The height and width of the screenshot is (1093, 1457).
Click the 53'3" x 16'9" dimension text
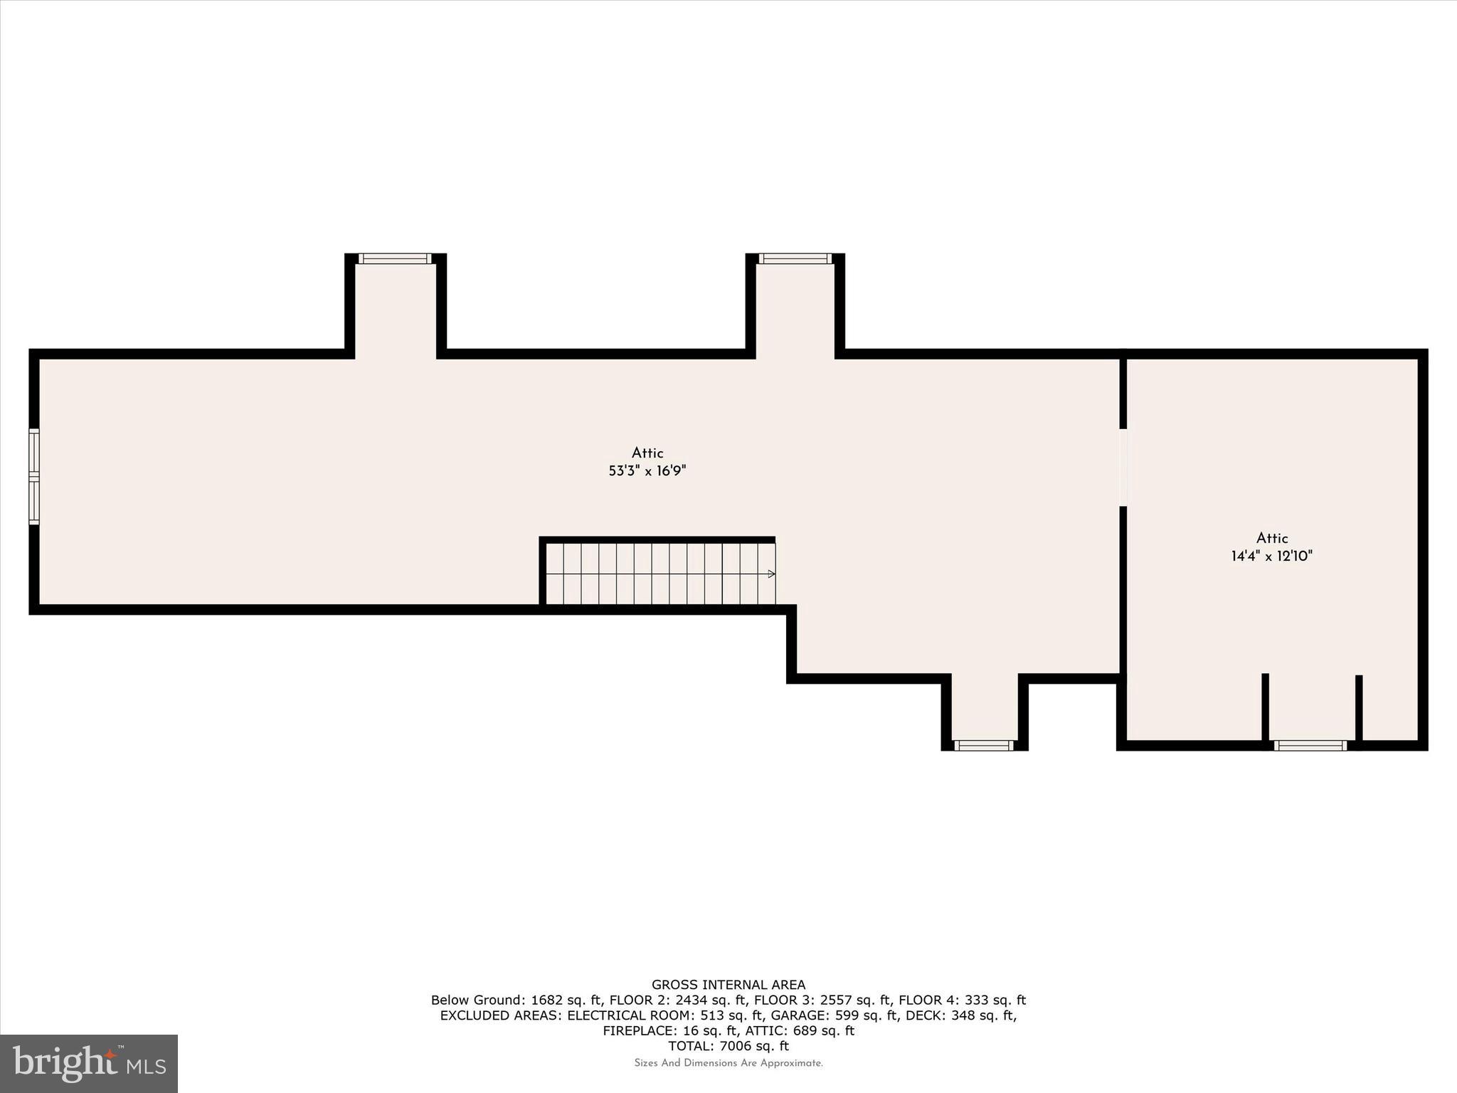[x=647, y=471]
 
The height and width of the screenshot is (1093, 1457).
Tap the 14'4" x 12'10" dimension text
[x=1271, y=556]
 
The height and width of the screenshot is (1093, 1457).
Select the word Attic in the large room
[x=647, y=453]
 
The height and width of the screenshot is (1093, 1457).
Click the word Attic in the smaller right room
[x=1272, y=539]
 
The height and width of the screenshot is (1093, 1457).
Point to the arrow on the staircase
[x=771, y=574]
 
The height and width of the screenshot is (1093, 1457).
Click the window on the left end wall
[x=33, y=476]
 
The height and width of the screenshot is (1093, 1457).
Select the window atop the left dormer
[x=395, y=258]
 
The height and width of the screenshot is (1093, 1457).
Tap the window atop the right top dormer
[x=795, y=258]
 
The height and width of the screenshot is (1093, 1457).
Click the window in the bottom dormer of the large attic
[x=983, y=745]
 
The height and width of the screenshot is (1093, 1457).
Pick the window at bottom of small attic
[x=1310, y=745]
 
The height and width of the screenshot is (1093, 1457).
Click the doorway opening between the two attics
[x=1123, y=468]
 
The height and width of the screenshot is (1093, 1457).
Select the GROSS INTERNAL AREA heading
[x=728, y=985]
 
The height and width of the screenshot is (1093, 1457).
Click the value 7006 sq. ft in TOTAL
[x=753, y=1046]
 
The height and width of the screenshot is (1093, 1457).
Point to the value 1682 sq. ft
[x=566, y=1000]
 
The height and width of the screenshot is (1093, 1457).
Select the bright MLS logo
[x=89, y=1063]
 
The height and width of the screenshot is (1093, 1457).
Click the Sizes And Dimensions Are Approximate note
[x=728, y=1063]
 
